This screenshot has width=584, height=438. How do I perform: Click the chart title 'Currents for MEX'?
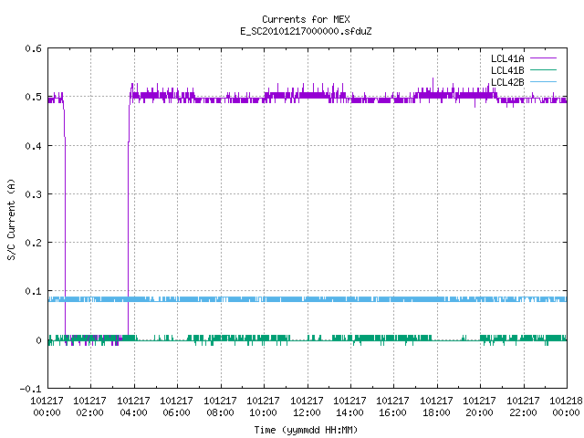tap(306, 19)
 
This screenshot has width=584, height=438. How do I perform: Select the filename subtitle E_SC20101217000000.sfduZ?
tap(306, 31)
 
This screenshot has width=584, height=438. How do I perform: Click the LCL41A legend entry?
tap(523, 58)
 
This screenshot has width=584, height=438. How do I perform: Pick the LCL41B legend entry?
tap(523, 70)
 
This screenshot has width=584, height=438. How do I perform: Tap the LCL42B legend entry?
tap(523, 82)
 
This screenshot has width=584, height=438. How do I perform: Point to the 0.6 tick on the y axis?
tap(33, 48)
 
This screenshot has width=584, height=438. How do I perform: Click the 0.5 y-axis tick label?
tap(33, 97)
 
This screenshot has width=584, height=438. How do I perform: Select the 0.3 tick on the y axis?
tap(33, 194)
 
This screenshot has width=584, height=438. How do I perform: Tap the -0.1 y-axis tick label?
tap(30, 389)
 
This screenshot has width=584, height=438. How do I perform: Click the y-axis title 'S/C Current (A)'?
tap(11, 220)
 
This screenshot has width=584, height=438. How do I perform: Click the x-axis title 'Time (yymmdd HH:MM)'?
tap(306, 430)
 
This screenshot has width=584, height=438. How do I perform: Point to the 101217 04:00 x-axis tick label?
tap(134, 406)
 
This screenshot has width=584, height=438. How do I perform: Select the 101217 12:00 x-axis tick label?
tap(307, 406)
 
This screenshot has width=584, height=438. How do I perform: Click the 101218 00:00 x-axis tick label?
tap(566, 406)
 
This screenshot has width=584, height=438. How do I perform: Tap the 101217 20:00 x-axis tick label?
tap(480, 406)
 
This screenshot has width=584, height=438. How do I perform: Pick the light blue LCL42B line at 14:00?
tap(350, 299)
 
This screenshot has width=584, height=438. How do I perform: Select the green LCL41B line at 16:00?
tap(393, 339)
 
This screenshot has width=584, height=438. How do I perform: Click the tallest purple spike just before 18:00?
tap(433, 85)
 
